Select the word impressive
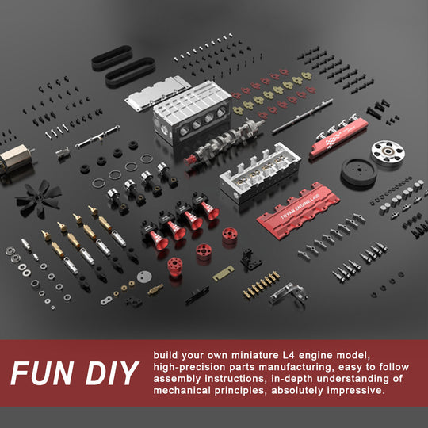pos(352,390)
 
